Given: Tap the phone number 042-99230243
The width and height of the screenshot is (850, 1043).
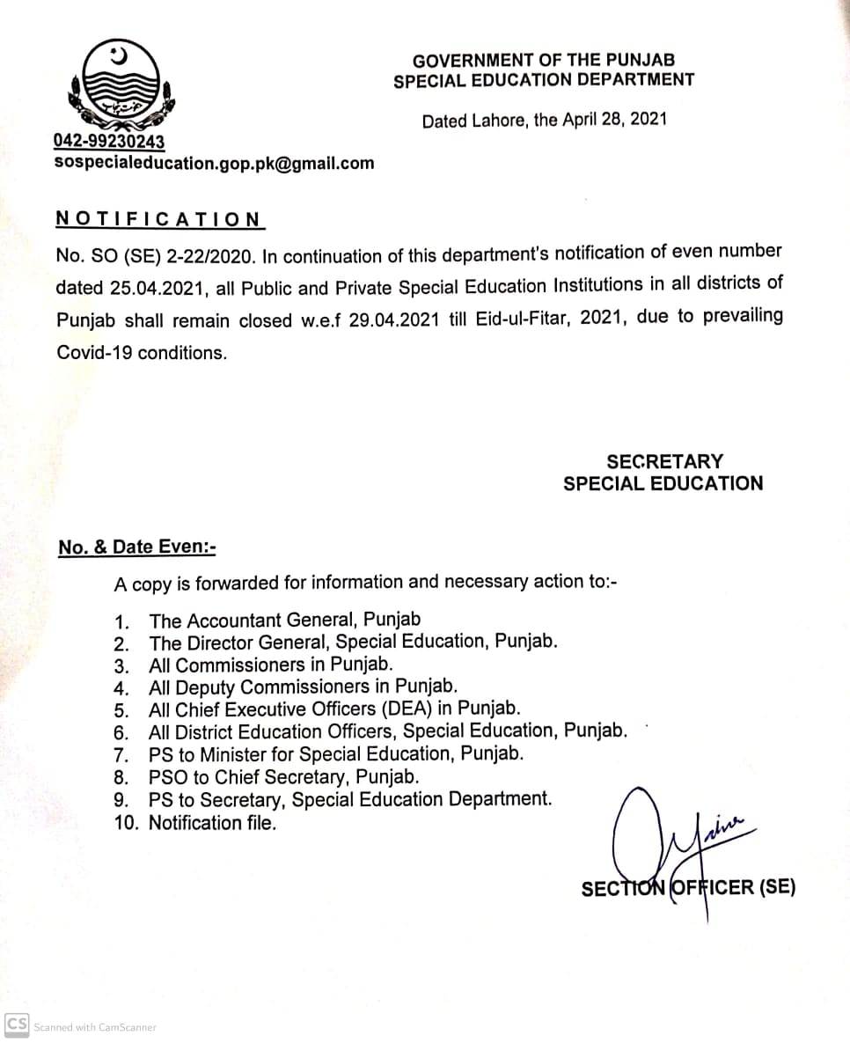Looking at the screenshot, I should (x=109, y=141).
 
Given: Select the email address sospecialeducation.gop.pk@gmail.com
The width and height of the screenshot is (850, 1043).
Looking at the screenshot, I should (x=214, y=163).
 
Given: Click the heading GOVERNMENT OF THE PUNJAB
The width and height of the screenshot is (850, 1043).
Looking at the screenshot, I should (x=543, y=61).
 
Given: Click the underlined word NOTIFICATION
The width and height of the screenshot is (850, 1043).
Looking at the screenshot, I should (x=158, y=219).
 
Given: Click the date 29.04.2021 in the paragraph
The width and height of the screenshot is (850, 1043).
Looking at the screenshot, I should (x=392, y=320).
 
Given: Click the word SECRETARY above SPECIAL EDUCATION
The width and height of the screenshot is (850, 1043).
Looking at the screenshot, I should (x=664, y=461).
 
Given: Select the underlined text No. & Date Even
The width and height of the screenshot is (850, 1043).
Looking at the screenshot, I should (x=136, y=547).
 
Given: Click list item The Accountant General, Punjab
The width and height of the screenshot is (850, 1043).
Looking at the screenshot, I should (x=285, y=620).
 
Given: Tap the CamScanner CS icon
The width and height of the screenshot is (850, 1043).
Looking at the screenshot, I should (x=16, y=1025).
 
